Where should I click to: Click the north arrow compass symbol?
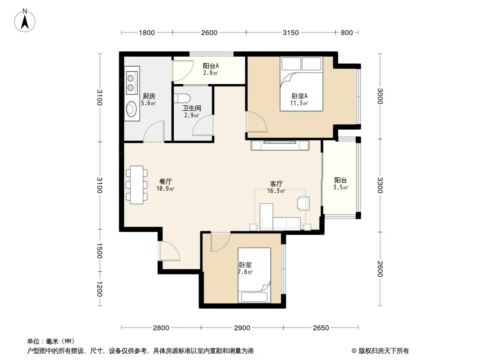click(25, 21)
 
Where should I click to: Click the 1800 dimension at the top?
click(147, 32)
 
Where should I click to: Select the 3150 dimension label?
click(290, 32)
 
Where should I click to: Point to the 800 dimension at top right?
click(347, 32)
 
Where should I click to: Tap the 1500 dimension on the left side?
click(99, 251)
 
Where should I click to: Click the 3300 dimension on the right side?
click(380, 185)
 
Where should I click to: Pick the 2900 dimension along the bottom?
click(242, 328)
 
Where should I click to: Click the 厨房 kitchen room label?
click(149, 96)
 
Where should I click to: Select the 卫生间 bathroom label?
click(192, 108)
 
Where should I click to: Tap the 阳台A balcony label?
click(211, 66)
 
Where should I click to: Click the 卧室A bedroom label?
click(299, 96)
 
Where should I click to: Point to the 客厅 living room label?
click(276, 184)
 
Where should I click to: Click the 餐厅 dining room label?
click(166, 181)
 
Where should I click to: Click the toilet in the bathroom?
click(182, 98)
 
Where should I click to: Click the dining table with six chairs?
click(136, 185)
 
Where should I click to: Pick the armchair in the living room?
click(303, 203)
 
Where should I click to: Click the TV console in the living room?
click(280, 145)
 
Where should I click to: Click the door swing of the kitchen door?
click(154, 131)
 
